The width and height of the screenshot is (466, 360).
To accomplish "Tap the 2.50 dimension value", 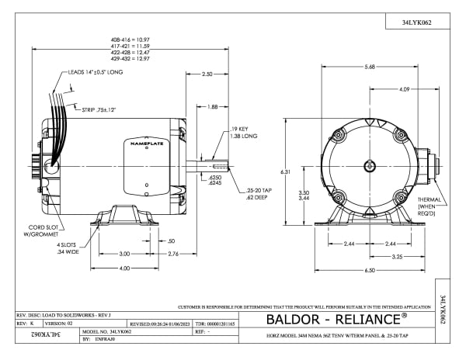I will tap(207, 74).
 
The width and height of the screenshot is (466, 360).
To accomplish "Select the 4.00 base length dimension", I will tap(124, 268).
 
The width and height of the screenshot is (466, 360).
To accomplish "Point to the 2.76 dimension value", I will tap(174, 254).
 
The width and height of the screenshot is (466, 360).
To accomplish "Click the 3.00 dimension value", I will tap(124, 254).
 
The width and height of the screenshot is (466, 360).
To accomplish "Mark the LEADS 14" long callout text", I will tap(96, 73).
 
